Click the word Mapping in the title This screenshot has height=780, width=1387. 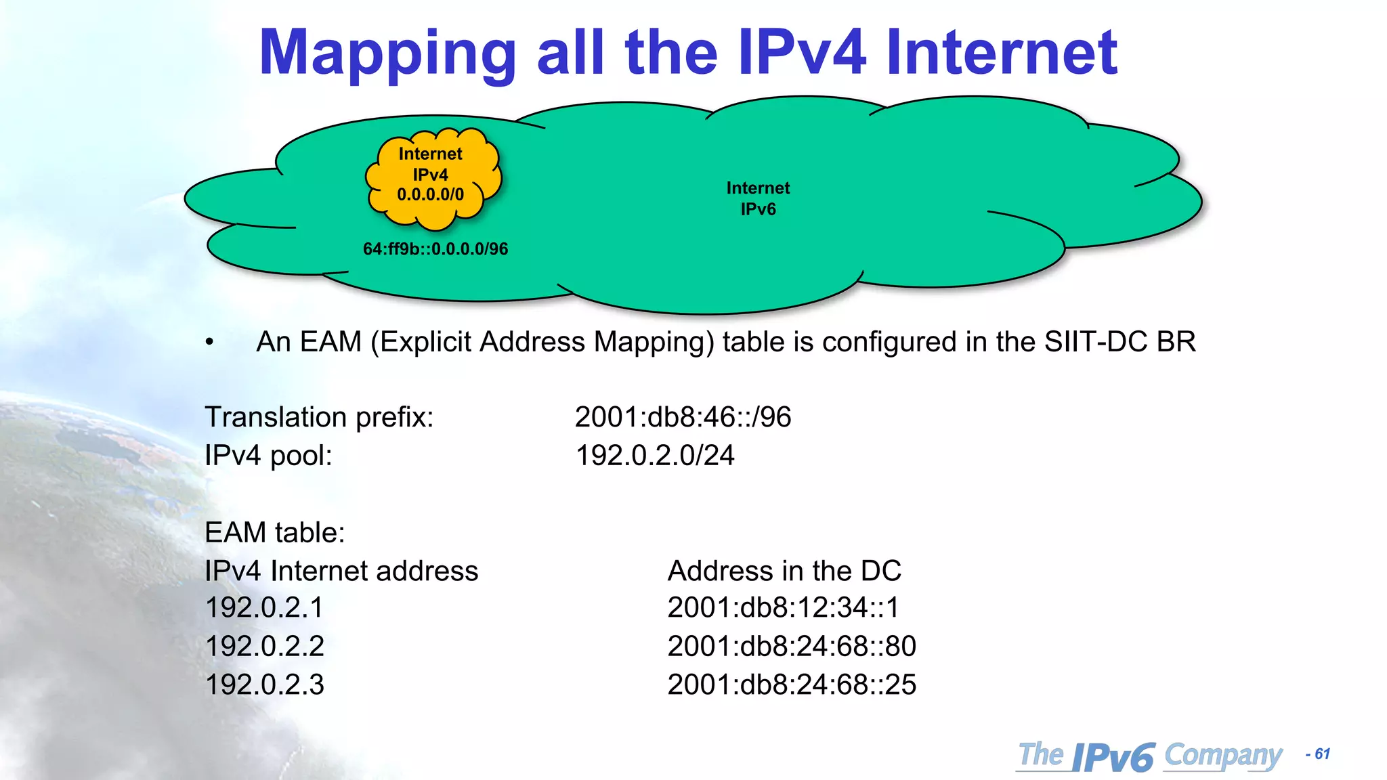(x=387, y=54)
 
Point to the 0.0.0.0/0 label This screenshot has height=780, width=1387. (x=431, y=195)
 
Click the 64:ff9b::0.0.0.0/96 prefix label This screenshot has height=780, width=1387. (x=435, y=249)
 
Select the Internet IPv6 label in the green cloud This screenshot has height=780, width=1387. (x=758, y=198)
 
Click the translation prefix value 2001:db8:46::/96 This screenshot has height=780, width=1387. (x=683, y=417)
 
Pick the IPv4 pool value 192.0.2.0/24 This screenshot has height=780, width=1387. (x=655, y=456)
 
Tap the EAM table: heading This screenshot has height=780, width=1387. (x=275, y=532)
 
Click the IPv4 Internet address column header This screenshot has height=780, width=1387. (x=341, y=571)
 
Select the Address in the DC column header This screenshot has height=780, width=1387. (x=784, y=571)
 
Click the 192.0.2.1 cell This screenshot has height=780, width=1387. (x=264, y=607)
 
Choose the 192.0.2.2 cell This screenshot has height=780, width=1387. (x=264, y=646)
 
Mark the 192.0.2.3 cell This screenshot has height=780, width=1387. (x=264, y=685)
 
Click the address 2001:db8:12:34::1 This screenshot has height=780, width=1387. (x=784, y=607)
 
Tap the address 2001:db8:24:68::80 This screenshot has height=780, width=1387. (x=792, y=646)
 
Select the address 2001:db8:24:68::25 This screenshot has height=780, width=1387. (x=792, y=685)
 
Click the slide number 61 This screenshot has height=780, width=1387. (x=1322, y=754)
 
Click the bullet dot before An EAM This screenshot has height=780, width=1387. (x=210, y=343)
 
